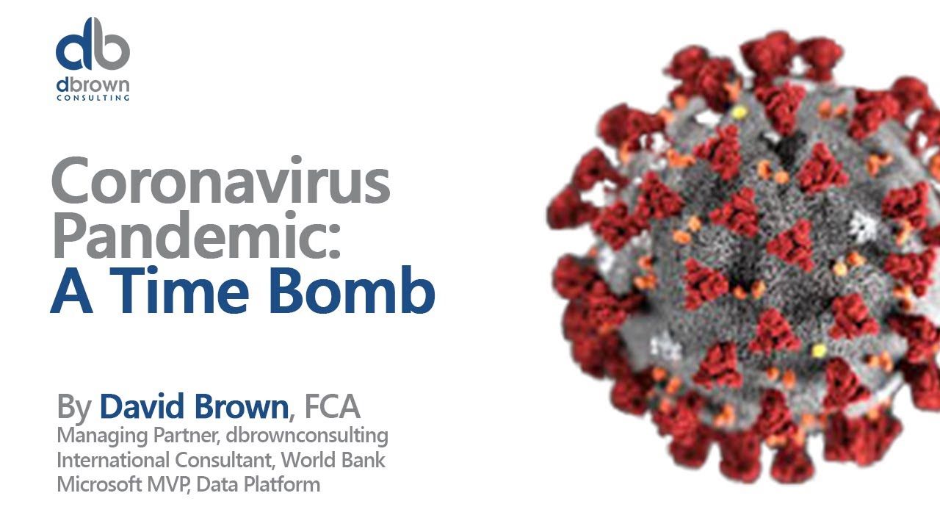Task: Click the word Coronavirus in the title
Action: point(221,180)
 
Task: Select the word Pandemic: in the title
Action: point(196,234)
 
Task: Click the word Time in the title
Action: point(180,290)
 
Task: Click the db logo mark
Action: point(93,44)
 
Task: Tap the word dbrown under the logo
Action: point(93,86)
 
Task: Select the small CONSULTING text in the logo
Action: point(93,98)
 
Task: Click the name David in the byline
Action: point(142,406)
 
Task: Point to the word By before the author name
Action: point(74,407)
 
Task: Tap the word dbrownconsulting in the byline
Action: point(307,436)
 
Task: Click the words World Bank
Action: point(333,460)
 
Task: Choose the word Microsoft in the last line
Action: point(99,484)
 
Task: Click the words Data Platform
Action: point(258,484)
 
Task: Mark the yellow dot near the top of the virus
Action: point(739,112)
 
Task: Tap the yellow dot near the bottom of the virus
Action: point(818,350)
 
